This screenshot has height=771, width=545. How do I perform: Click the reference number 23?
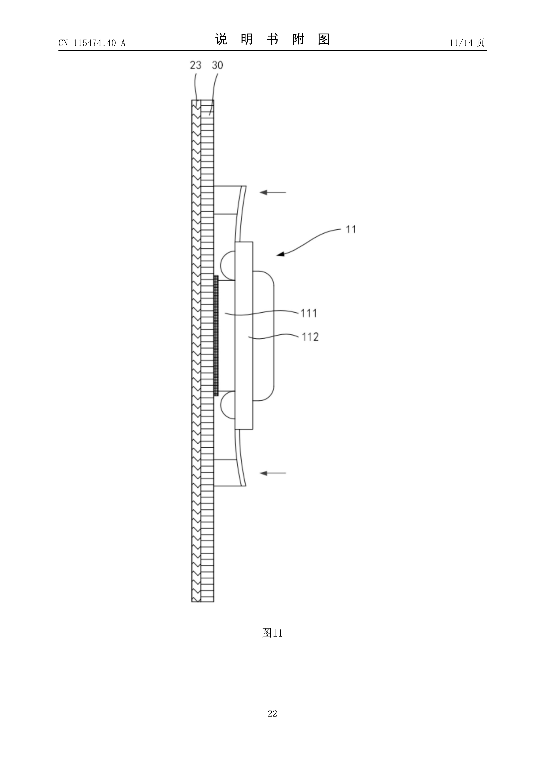pyautogui.click(x=195, y=65)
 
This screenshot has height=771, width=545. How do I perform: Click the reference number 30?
pyautogui.click(x=217, y=65)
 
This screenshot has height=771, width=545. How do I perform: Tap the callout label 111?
pyautogui.click(x=309, y=313)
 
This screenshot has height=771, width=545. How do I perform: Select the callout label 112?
pyautogui.click(x=310, y=337)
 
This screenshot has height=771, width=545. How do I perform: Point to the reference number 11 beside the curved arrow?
pyautogui.click(x=351, y=229)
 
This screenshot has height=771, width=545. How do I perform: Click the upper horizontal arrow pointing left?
pyautogui.click(x=273, y=192)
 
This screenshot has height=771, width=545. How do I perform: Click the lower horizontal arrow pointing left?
pyautogui.click(x=273, y=473)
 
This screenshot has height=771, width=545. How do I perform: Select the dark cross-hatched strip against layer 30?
pyautogui.click(x=216, y=336)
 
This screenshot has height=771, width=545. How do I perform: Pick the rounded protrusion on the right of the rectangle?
pyautogui.click(x=264, y=336)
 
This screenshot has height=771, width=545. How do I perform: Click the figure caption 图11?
pyautogui.click(x=272, y=633)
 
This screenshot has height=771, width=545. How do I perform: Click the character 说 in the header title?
pyautogui.click(x=221, y=39)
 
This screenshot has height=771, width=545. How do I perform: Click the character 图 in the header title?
pyautogui.click(x=324, y=39)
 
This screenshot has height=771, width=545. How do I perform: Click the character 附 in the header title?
pyautogui.click(x=298, y=39)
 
